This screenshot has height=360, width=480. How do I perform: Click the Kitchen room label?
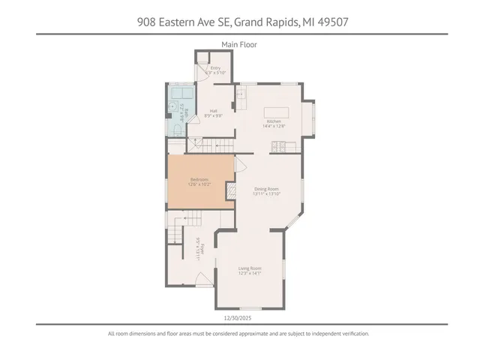[273, 121]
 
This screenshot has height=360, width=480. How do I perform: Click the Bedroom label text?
[199, 178]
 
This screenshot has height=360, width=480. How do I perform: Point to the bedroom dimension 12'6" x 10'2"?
[199, 184]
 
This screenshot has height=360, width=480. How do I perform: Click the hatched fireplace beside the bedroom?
[232, 190]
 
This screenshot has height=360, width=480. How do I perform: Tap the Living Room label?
[250, 268]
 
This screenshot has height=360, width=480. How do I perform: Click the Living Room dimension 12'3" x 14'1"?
[250, 273]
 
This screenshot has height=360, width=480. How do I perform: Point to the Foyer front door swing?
[202, 280]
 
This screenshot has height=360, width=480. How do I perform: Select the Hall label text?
[214, 111]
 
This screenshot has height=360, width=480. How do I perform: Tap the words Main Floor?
[239, 44]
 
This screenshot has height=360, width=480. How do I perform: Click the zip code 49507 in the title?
[331, 22]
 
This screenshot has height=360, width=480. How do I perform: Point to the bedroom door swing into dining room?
[241, 165]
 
